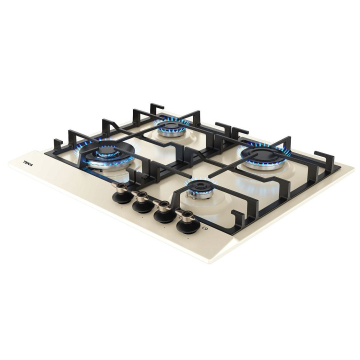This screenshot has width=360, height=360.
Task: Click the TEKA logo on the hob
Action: [x=28, y=163]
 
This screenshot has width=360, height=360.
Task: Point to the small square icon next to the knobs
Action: [x=204, y=228]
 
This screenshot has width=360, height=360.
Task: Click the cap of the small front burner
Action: [x=199, y=185]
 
